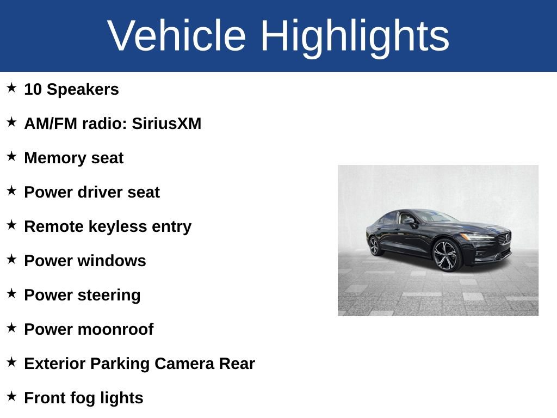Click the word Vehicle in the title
click(x=177, y=36)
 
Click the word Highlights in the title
click(x=355, y=36)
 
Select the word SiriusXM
click(x=166, y=124)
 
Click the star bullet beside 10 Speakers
click(x=11, y=88)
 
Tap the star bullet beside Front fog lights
click(x=11, y=397)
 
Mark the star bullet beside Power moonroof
click(x=11, y=328)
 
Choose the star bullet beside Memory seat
click(x=11, y=157)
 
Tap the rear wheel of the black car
click(x=374, y=245)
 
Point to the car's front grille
click(x=504, y=238)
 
